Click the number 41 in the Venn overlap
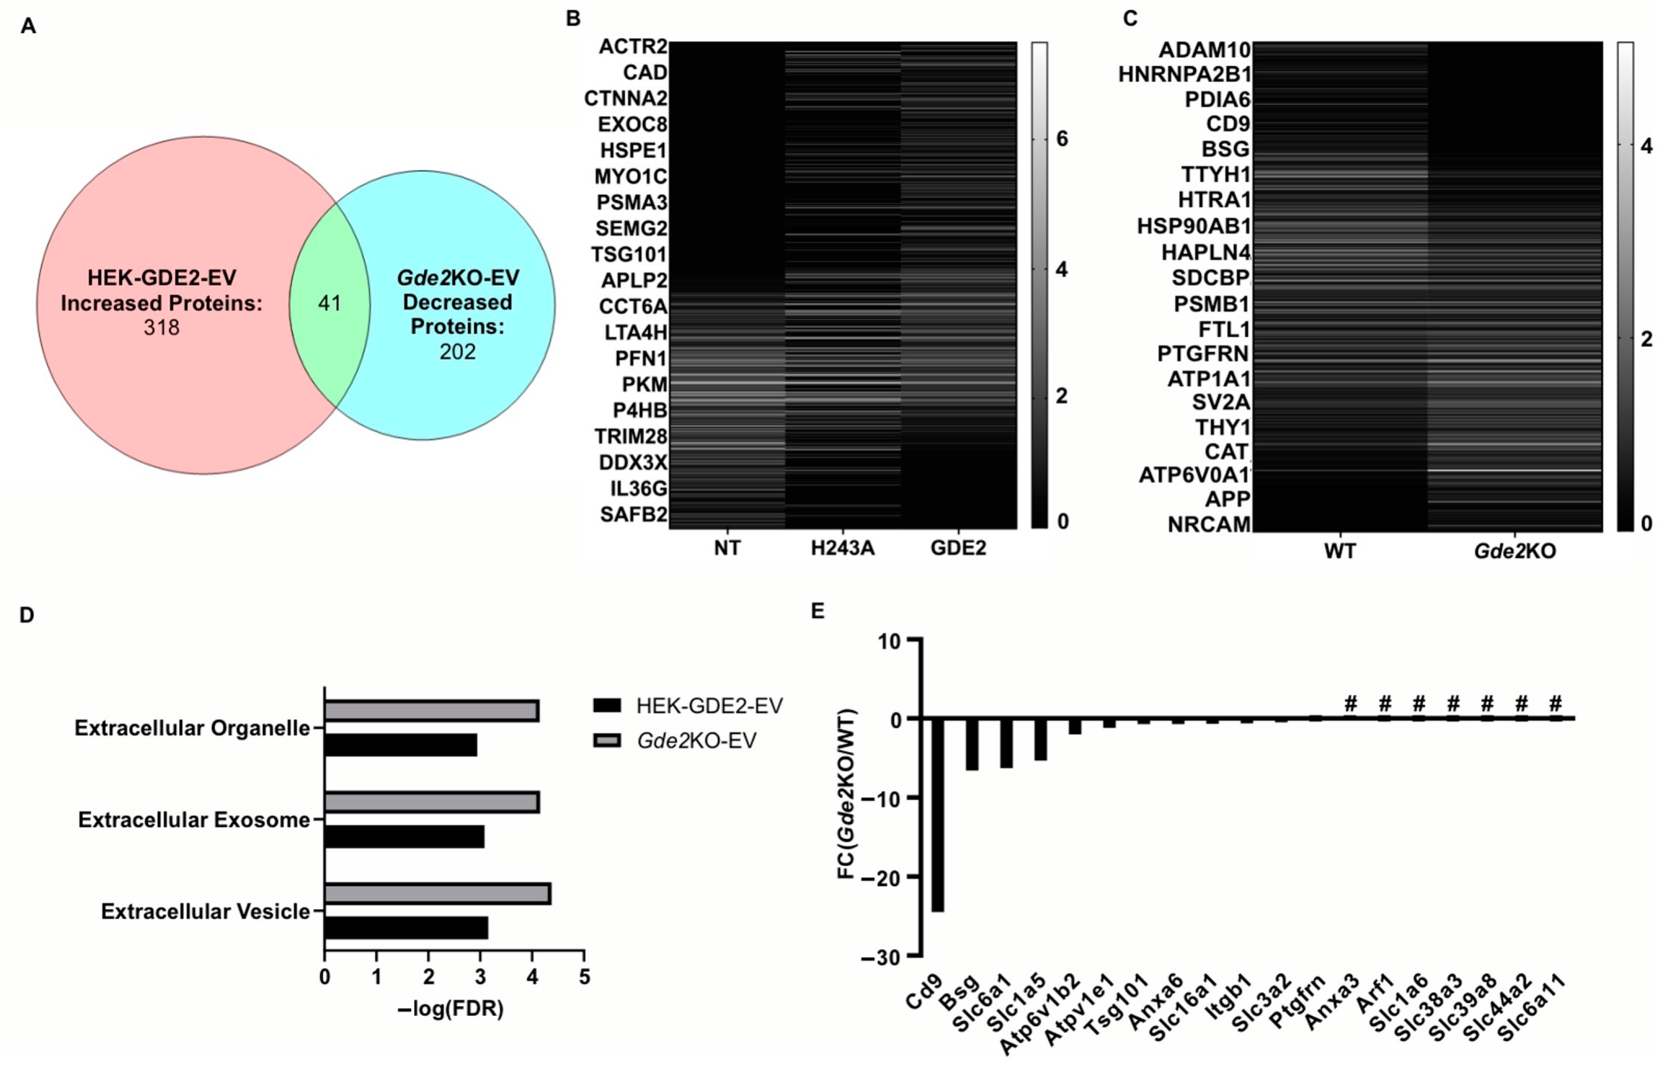pyautogui.click(x=329, y=303)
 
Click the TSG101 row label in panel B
pyautogui.click(x=629, y=254)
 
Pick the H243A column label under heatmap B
pyautogui.click(x=843, y=548)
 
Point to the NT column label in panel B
pyautogui.click(x=727, y=548)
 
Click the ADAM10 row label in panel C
pyautogui.click(x=1204, y=50)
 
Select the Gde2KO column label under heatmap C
pyautogui.click(x=1514, y=552)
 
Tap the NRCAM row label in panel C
pyautogui.click(x=1209, y=524)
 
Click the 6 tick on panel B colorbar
pyautogui.click(x=1062, y=139)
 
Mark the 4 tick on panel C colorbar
pyautogui.click(x=1646, y=146)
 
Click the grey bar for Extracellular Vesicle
pyautogui.click(x=437, y=894)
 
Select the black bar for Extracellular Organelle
pyautogui.click(x=401, y=746)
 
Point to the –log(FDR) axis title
pyautogui.click(x=450, y=1008)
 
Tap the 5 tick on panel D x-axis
pyautogui.click(x=584, y=977)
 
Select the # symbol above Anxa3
pyautogui.click(x=1350, y=702)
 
